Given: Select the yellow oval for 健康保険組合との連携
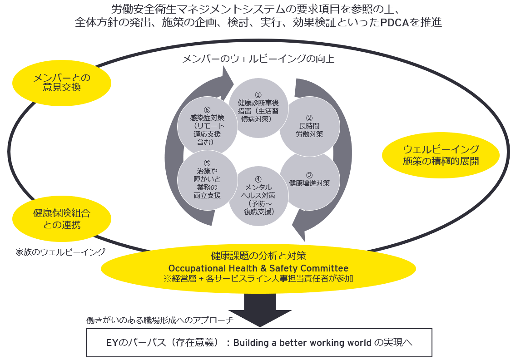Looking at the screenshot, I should [62, 218].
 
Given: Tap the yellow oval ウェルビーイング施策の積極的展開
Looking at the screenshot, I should [441, 155].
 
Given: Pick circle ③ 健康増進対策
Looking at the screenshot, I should [309, 180].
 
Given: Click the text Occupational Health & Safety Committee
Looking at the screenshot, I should [258, 268].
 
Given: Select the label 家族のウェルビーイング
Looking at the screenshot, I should [60, 252].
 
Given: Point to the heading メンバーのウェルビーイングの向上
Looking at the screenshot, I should [258, 59].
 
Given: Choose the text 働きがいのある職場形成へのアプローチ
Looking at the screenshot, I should [160, 320].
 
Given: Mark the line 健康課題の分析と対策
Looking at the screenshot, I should [258, 256].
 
